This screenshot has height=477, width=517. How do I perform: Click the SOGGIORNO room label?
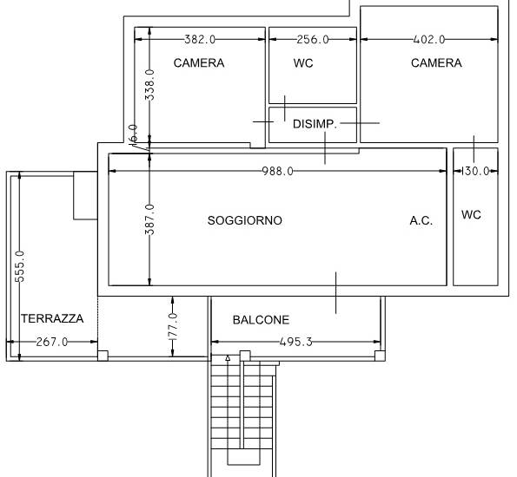click(x=245, y=220)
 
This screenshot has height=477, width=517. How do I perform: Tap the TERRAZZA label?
click(x=52, y=318)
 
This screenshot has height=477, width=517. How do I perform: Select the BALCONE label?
click(x=261, y=320)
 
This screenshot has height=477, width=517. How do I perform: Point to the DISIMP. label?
click(x=315, y=124)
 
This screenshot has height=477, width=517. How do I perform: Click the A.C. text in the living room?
click(x=421, y=220)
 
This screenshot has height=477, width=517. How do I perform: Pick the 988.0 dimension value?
click(x=277, y=171)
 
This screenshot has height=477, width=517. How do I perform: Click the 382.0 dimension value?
click(x=200, y=40)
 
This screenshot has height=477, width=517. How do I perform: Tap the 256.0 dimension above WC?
click(x=313, y=40)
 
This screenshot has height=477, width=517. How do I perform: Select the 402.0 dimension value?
click(x=429, y=40)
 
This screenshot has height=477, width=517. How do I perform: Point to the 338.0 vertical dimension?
click(x=149, y=85)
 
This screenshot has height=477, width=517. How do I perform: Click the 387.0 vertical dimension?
click(x=149, y=219)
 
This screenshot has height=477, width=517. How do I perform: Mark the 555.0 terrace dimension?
click(x=20, y=266)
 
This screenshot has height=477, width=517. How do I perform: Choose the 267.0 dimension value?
click(x=52, y=342)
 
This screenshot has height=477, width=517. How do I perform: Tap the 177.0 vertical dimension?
click(x=173, y=327)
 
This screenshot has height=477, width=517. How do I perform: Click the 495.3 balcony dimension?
click(x=295, y=342)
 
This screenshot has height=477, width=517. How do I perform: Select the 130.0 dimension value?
click(x=475, y=171)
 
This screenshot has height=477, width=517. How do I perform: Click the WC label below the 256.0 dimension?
click(x=303, y=62)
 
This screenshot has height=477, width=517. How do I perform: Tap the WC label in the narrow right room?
click(x=471, y=214)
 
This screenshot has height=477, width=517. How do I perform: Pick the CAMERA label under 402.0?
click(x=436, y=62)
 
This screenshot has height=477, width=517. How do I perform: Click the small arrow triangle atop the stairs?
click(x=228, y=358)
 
